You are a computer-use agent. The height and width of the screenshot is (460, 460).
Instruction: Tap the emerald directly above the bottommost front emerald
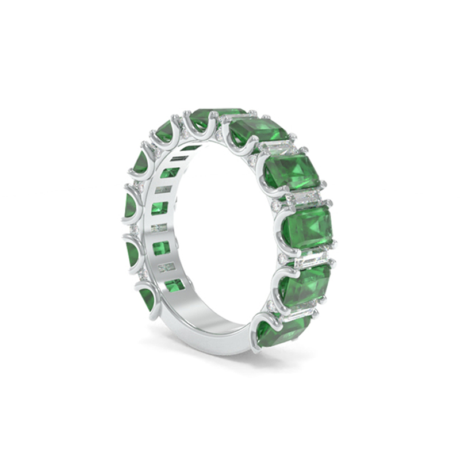[x=305, y=286]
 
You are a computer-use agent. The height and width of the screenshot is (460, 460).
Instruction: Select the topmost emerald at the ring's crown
[x=217, y=117]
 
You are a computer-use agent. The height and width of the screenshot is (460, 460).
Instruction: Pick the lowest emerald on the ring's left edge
[x=147, y=298]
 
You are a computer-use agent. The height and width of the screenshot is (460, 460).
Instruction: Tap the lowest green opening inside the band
[x=174, y=284]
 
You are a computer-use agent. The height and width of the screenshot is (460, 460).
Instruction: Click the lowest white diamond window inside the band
[x=166, y=267]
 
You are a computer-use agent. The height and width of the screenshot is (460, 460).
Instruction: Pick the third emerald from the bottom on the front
[x=308, y=226]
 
